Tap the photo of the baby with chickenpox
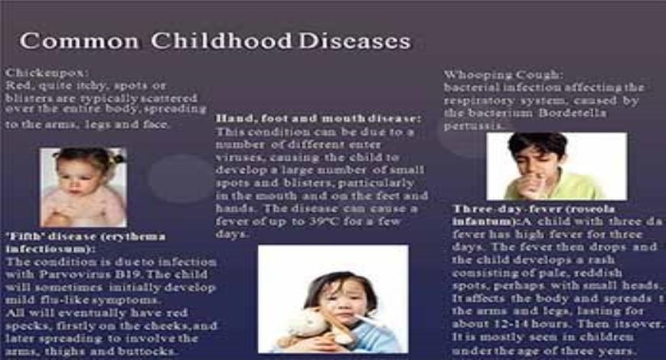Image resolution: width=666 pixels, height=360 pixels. click(x=83, y=187)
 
